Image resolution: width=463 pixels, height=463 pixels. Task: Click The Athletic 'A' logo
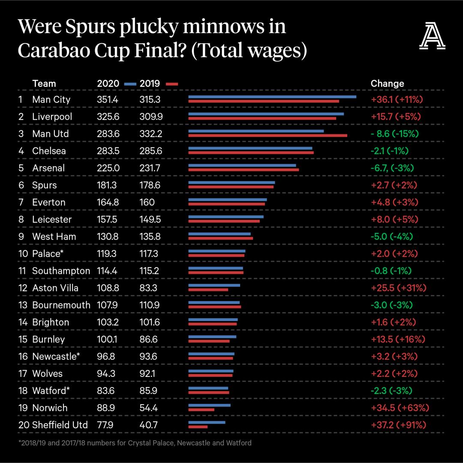pyautogui.click(x=432, y=36)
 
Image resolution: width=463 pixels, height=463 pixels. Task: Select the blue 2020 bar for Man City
pyautogui.click(x=272, y=97)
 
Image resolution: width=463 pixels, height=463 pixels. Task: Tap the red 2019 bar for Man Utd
pyautogui.click(x=268, y=135)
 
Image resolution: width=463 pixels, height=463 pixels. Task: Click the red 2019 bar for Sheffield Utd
pyautogui.click(x=198, y=427)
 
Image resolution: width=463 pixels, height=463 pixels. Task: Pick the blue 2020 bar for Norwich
pyautogui.click(x=210, y=405)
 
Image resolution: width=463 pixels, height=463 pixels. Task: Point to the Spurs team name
pyautogui.click(x=44, y=185)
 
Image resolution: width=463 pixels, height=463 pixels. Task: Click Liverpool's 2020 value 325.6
pyautogui.click(x=108, y=117)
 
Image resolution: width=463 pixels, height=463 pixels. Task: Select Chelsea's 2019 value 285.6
pyautogui.click(x=150, y=151)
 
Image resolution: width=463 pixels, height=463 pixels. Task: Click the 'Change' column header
pyautogui.click(x=387, y=84)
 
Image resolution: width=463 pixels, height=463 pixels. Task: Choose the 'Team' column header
pyautogui.click(x=44, y=84)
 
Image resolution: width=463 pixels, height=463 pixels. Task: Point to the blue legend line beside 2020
pyautogui.click(x=130, y=84)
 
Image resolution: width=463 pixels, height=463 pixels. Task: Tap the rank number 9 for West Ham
pyautogui.click(x=21, y=237)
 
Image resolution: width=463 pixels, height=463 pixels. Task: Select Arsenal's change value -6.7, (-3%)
pyautogui.click(x=392, y=168)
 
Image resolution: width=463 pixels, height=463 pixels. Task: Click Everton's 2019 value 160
pyautogui.click(x=147, y=202)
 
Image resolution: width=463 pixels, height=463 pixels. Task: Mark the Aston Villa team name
pyautogui.click(x=55, y=288)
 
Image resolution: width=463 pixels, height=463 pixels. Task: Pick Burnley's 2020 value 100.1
pyautogui.click(x=107, y=340)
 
